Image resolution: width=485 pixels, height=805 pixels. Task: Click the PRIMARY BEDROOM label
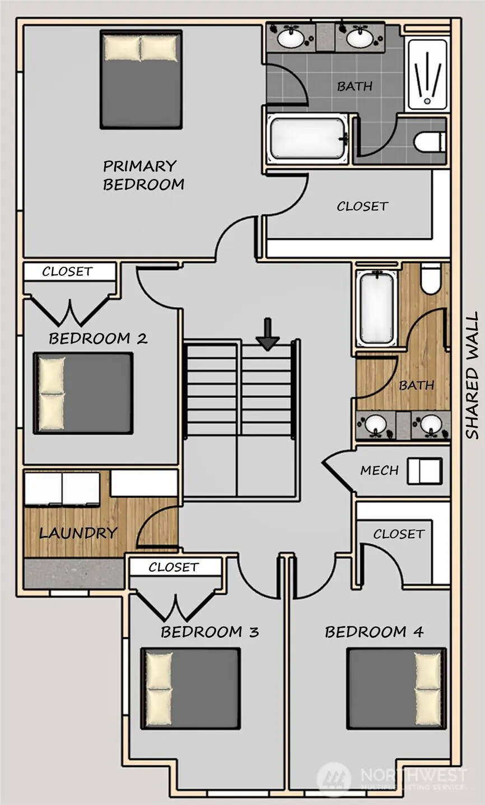[x=143, y=175]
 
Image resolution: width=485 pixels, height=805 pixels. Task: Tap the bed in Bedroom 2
[x=83, y=393]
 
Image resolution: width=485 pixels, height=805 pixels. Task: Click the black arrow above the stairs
[x=267, y=334]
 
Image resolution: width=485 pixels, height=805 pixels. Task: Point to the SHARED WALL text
[x=472, y=375]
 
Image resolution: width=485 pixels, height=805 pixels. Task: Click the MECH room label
[x=380, y=470]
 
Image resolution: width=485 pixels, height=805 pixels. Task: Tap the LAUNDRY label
[x=78, y=533]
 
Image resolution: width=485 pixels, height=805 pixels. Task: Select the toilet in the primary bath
[x=430, y=142]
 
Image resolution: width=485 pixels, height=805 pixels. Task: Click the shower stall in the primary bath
[x=427, y=75]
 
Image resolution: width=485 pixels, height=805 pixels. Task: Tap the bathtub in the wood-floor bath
[x=376, y=308]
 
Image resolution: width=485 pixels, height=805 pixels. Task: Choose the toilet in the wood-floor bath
[x=431, y=278]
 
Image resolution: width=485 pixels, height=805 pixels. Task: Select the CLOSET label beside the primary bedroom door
[x=362, y=206]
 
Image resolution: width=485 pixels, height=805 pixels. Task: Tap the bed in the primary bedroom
[x=141, y=79]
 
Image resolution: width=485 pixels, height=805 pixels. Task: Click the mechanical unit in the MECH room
[x=425, y=470]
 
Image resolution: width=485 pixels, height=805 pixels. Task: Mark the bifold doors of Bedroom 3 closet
[x=176, y=606]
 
